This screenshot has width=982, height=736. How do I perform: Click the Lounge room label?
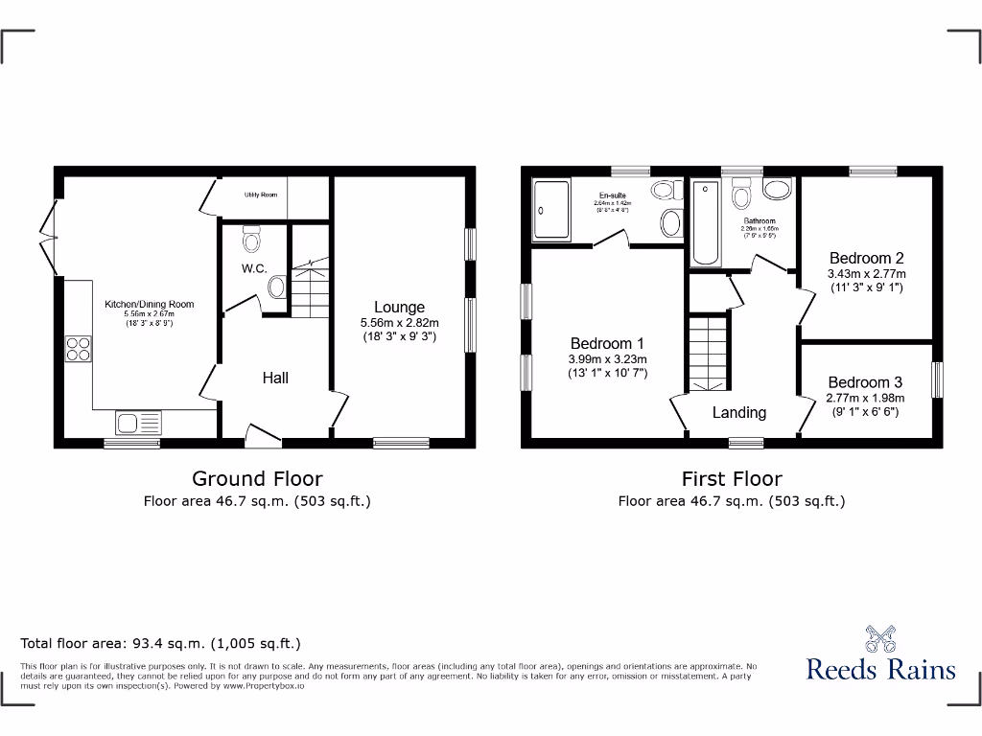(x=399, y=308)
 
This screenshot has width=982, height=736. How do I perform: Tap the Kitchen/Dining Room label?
(x=149, y=305)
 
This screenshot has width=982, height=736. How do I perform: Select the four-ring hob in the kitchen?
(x=79, y=350)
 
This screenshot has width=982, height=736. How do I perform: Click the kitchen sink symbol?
(x=139, y=422)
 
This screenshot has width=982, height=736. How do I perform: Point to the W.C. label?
(x=254, y=268)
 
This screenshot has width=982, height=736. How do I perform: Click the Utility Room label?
(x=261, y=195)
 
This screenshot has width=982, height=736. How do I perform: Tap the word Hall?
(x=275, y=379)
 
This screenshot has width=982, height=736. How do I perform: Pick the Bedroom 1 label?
(x=607, y=344)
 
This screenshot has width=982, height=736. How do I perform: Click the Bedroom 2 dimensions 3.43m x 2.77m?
(x=867, y=273)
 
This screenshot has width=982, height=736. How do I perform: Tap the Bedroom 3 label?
(x=866, y=382)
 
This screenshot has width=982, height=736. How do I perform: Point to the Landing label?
(x=738, y=412)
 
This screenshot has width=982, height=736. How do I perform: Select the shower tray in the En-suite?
(x=550, y=210)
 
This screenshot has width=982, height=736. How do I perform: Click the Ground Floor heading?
(x=257, y=478)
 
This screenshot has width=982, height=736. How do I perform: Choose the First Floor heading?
(x=732, y=478)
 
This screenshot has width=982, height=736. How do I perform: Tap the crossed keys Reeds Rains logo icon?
(x=880, y=638)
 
